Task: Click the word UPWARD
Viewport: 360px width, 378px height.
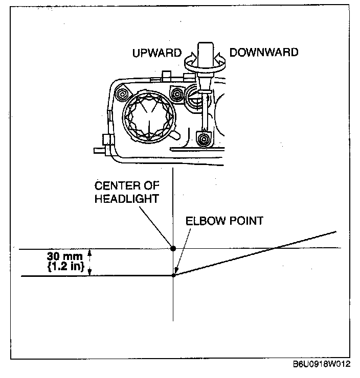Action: tap(157, 53)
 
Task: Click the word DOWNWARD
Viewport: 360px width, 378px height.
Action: tap(263, 52)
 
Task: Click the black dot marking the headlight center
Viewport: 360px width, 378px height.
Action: tap(173, 248)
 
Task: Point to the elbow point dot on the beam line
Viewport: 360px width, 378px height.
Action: tap(173, 276)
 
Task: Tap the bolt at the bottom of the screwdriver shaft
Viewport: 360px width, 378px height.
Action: tap(205, 138)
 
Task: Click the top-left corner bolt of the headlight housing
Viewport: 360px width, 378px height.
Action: tap(121, 93)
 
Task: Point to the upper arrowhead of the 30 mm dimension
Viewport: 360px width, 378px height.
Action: tap(90, 252)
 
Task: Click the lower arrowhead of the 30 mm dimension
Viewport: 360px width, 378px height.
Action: tap(90, 272)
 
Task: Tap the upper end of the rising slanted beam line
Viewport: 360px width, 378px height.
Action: tap(335, 232)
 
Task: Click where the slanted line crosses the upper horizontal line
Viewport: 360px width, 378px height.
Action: tap(275, 248)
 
